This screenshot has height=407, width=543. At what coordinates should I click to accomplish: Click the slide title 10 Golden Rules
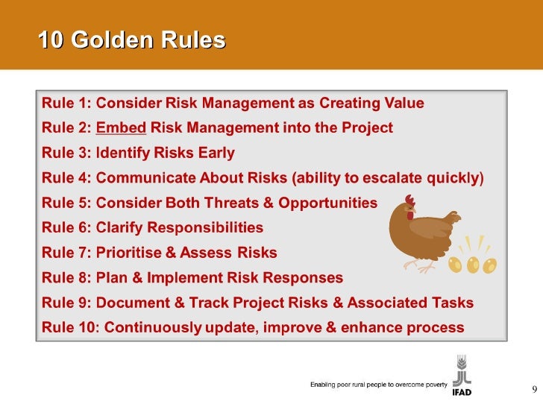[x=131, y=40]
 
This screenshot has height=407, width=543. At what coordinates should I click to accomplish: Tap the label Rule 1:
[x=66, y=103]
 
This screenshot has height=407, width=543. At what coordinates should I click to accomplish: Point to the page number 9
[x=533, y=389]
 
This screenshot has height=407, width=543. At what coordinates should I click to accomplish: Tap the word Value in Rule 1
[x=403, y=103]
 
